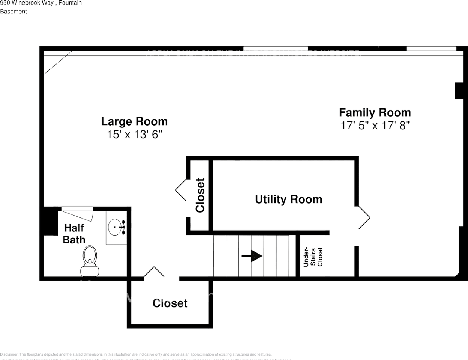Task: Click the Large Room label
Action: click(x=134, y=121)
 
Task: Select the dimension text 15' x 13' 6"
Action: click(x=134, y=134)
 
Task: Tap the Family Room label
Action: click(x=375, y=112)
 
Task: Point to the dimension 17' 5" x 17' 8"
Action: click(x=375, y=125)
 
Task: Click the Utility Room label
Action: click(x=288, y=199)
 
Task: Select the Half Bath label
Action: click(x=74, y=234)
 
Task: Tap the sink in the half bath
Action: click(x=115, y=227)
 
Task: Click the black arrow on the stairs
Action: click(x=252, y=256)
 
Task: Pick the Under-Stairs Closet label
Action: click(x=313, y=257)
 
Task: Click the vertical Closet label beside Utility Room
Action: click(x=200, y=195)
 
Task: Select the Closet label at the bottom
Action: click(x=169, y=303)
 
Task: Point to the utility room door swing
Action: click(x=363, y=217)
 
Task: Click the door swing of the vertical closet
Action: click(x=181, y=190)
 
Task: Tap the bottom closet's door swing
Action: click(x=154, y=272)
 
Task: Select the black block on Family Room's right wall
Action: click(x=459, y=90)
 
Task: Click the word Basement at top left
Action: click(x=13, y=12)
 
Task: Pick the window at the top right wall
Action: click(x=431, y=49)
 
